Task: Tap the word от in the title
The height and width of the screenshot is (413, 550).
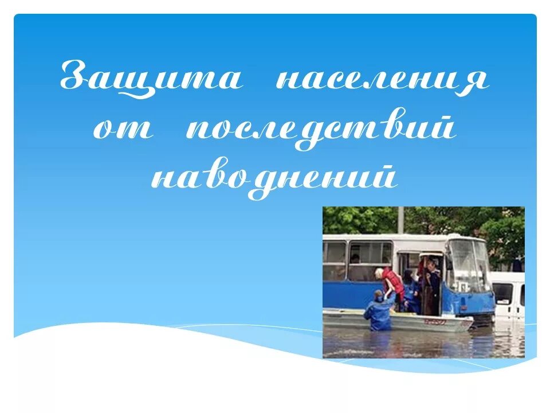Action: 123,128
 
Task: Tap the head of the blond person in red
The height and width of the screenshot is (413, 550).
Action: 379,273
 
